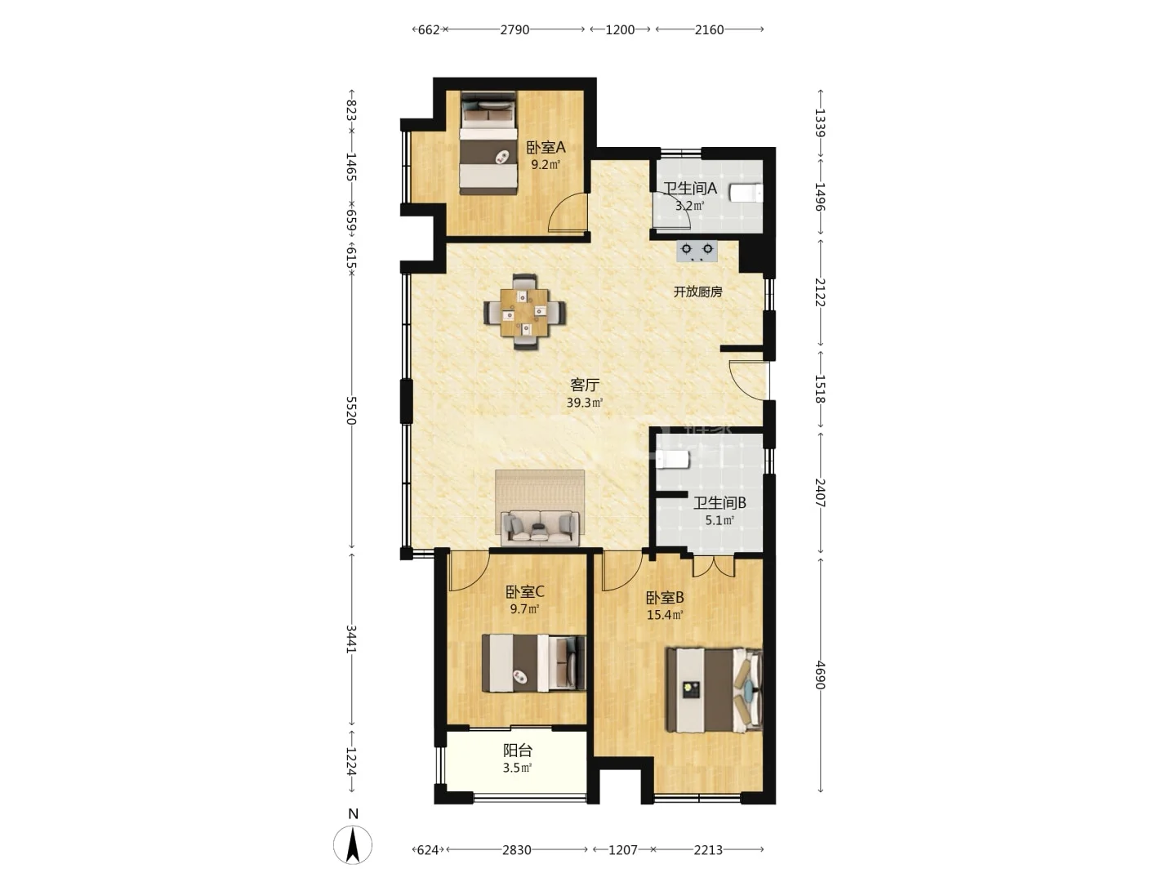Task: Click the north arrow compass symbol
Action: [x=353, y=844]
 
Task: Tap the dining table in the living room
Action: [x=524, y=312]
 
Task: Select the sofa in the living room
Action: [x=540, y=528]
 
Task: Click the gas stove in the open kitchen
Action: [x=697, y=251]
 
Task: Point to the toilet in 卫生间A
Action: [x=746, y=193]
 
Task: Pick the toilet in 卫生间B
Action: [x=673, y=460]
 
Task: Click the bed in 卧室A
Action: [x=488, y=144]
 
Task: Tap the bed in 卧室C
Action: [x=533, y=663]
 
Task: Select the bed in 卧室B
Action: [x=714, y=690]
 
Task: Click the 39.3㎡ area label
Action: [x=585, y=403]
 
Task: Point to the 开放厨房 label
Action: [x=697, y=292]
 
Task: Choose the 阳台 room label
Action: [x=518, y=751]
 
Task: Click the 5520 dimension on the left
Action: [x=351, y=410]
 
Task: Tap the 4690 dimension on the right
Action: [x=820, y=675]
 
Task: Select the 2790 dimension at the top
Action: [x=514, y=30]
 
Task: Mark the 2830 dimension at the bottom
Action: [x=516, y=850]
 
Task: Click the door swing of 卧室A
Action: [x=568, y=212]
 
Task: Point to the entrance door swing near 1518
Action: [x=749, y=381]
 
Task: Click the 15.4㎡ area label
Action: [x=665, y=615]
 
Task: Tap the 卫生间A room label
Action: [x=690, y=189]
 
